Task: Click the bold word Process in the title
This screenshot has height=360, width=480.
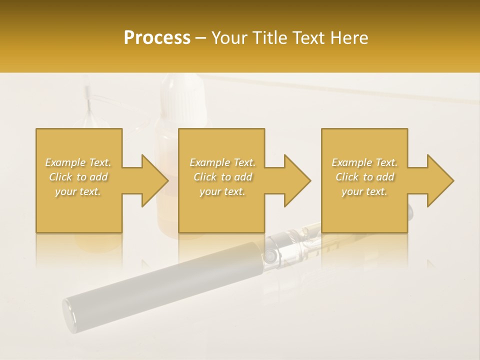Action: (x=157, y=38)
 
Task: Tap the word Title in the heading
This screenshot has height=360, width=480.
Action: (x=268, y=38)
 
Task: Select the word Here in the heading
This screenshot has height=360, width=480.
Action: (x=348, y=38)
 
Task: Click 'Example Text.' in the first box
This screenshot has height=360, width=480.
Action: (x=78, y=162)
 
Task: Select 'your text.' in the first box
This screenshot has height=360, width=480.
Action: (x=78, y=191)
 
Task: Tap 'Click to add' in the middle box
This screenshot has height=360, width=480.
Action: (x=222, y=177)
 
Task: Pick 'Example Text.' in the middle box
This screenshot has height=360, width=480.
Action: (x=222, y=162)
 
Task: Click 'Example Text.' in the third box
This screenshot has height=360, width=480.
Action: (x=364, y=162)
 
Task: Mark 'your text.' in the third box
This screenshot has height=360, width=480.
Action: (x=364, y=191)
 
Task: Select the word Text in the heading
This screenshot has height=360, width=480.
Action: (x=309, y=38)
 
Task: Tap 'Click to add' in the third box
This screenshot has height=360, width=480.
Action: (x=364, y=177)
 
